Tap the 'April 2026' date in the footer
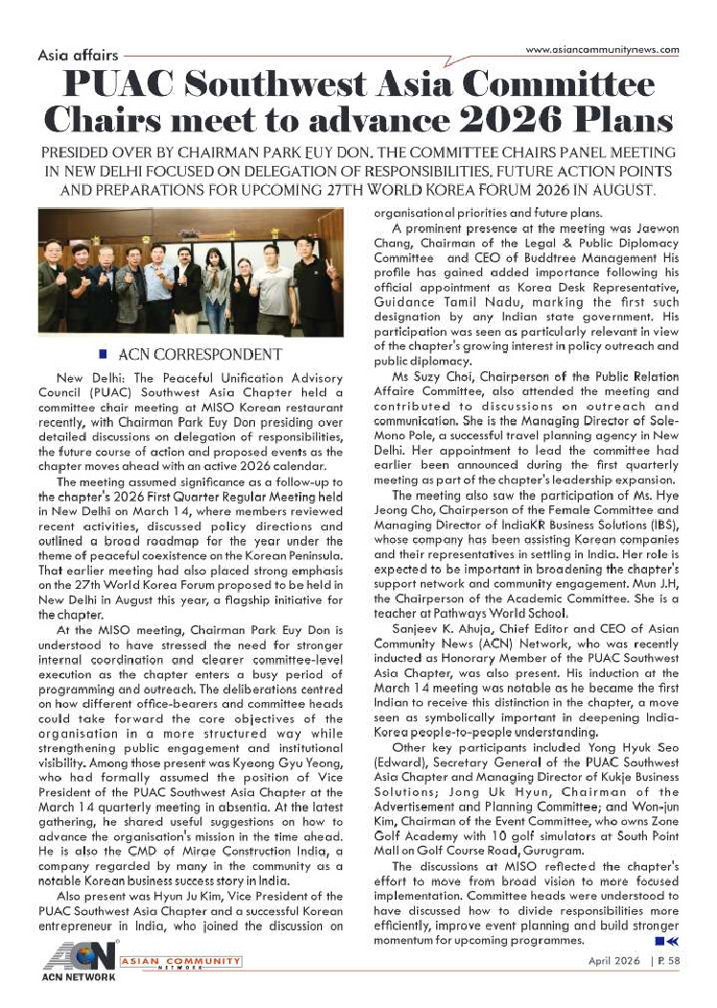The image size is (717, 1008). click(x=613, y=962)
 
